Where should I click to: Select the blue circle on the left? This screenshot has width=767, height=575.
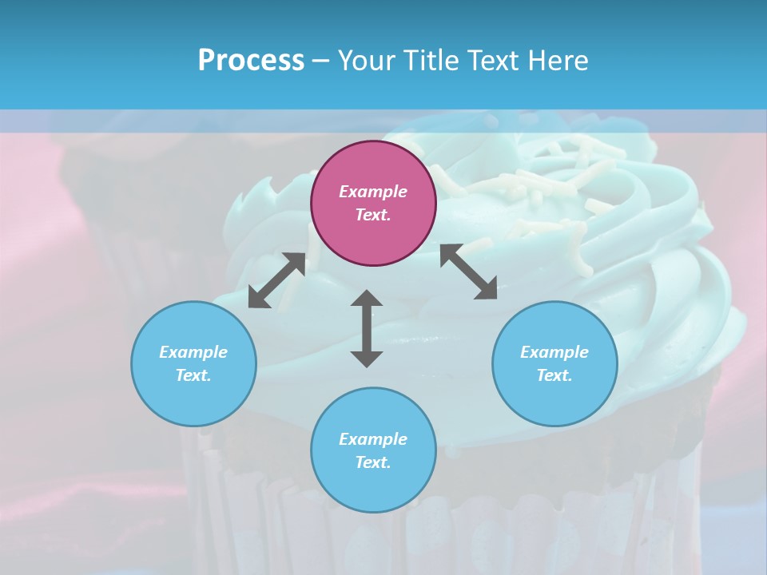tap(193, 363)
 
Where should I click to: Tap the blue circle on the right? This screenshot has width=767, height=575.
tap(554, 363)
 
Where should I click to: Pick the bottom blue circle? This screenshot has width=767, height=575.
tap(373, 450)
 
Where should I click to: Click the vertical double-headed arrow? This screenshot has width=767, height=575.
tap(367, 328)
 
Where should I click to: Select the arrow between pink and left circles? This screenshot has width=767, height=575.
tap(276, 280)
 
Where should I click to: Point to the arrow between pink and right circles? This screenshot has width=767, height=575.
tap(468, 272)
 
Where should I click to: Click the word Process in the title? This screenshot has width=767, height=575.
tap(251, 60)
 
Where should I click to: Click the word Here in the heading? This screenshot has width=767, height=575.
tap(558, 60)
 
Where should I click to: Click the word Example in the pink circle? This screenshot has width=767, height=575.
tap(373, 192)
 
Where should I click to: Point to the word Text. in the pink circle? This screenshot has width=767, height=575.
tap(373, 215)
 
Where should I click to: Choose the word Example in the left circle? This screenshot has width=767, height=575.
tap(193, 352)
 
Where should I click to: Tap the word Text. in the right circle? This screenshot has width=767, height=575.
tap(554, 375)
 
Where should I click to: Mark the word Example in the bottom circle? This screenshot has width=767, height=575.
tap(373, 439)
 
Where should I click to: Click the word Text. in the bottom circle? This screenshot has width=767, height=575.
tap(373, 462)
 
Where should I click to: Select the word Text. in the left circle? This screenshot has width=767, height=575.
tap(193, 375)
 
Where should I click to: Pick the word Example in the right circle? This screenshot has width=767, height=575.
tap(554, 352)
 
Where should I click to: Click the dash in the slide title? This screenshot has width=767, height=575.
tap(320, 61)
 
